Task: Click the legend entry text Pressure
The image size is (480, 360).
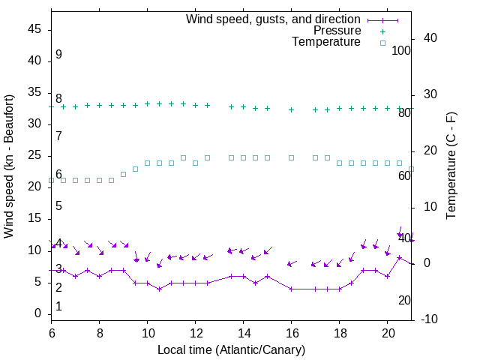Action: click(x=337, y=31)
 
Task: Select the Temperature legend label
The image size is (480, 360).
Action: click(x=326, y=42)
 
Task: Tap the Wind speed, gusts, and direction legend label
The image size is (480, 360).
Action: click(x=273, y=19)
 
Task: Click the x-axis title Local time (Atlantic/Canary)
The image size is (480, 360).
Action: click(x=231, y=350)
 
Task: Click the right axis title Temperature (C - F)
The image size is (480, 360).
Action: click(x=451, y=166)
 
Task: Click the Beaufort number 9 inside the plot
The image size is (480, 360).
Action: click(x=58, y=55)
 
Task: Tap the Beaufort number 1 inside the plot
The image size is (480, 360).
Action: click(x=58, y=307)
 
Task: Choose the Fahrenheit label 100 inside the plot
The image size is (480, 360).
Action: click(x=401, y=51)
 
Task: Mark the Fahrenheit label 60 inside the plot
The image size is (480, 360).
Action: click(x=404, y=175)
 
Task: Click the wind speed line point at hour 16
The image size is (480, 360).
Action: click(x=292, y=289)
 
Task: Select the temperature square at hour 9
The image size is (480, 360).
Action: click(x=124, y=174)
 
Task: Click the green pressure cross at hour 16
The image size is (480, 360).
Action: click(x=292, y=109)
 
